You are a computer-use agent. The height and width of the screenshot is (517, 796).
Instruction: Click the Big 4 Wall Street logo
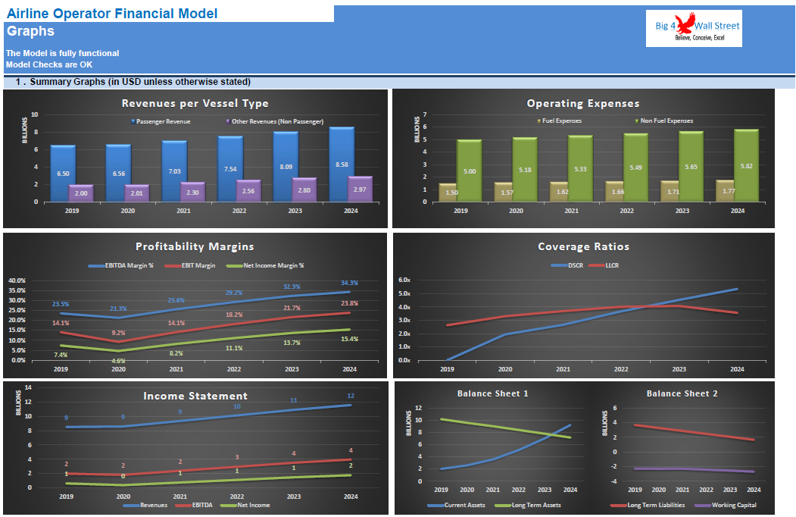694,29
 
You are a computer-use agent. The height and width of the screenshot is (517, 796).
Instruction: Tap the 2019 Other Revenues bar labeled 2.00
81,193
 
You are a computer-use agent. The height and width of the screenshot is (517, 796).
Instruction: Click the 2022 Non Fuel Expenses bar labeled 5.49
635,167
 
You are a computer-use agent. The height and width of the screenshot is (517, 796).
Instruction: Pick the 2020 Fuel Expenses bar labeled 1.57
503,192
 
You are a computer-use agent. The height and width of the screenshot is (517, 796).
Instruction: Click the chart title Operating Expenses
582,103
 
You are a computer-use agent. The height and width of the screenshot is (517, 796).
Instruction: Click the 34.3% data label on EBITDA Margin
349,283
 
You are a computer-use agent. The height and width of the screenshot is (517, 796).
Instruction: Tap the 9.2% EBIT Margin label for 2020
119,333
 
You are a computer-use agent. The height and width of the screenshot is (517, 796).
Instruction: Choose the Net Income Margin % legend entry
275,266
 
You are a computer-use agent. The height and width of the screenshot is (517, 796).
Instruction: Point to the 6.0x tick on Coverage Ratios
404,280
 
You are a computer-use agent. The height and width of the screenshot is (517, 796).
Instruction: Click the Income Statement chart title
195,396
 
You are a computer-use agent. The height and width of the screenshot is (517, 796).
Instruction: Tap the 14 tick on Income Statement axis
27,387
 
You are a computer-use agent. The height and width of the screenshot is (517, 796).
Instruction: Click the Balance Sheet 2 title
682,393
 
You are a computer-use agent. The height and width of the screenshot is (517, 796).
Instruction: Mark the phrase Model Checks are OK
49,64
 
